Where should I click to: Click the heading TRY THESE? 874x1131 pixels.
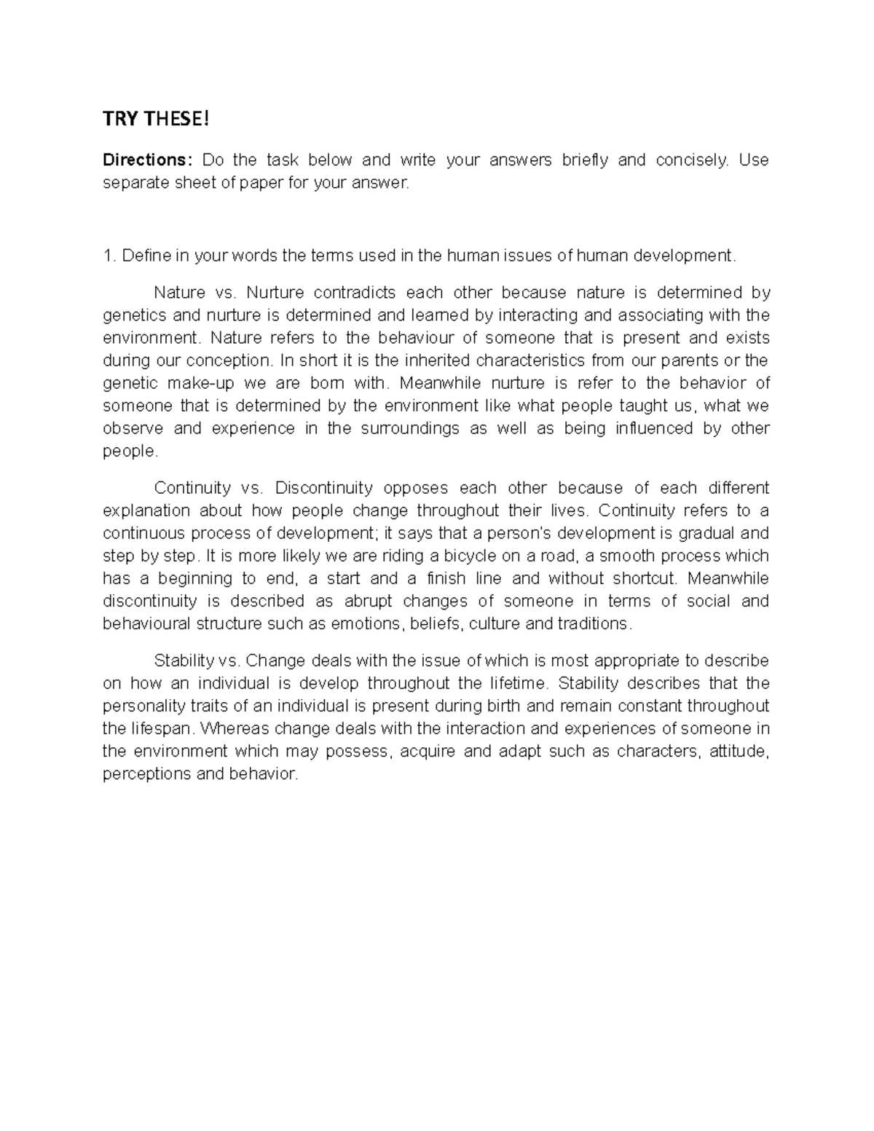[x=155, y=119]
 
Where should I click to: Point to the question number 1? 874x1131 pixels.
[x=108, y=256]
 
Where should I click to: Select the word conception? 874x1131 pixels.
[x=228, y=360]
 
